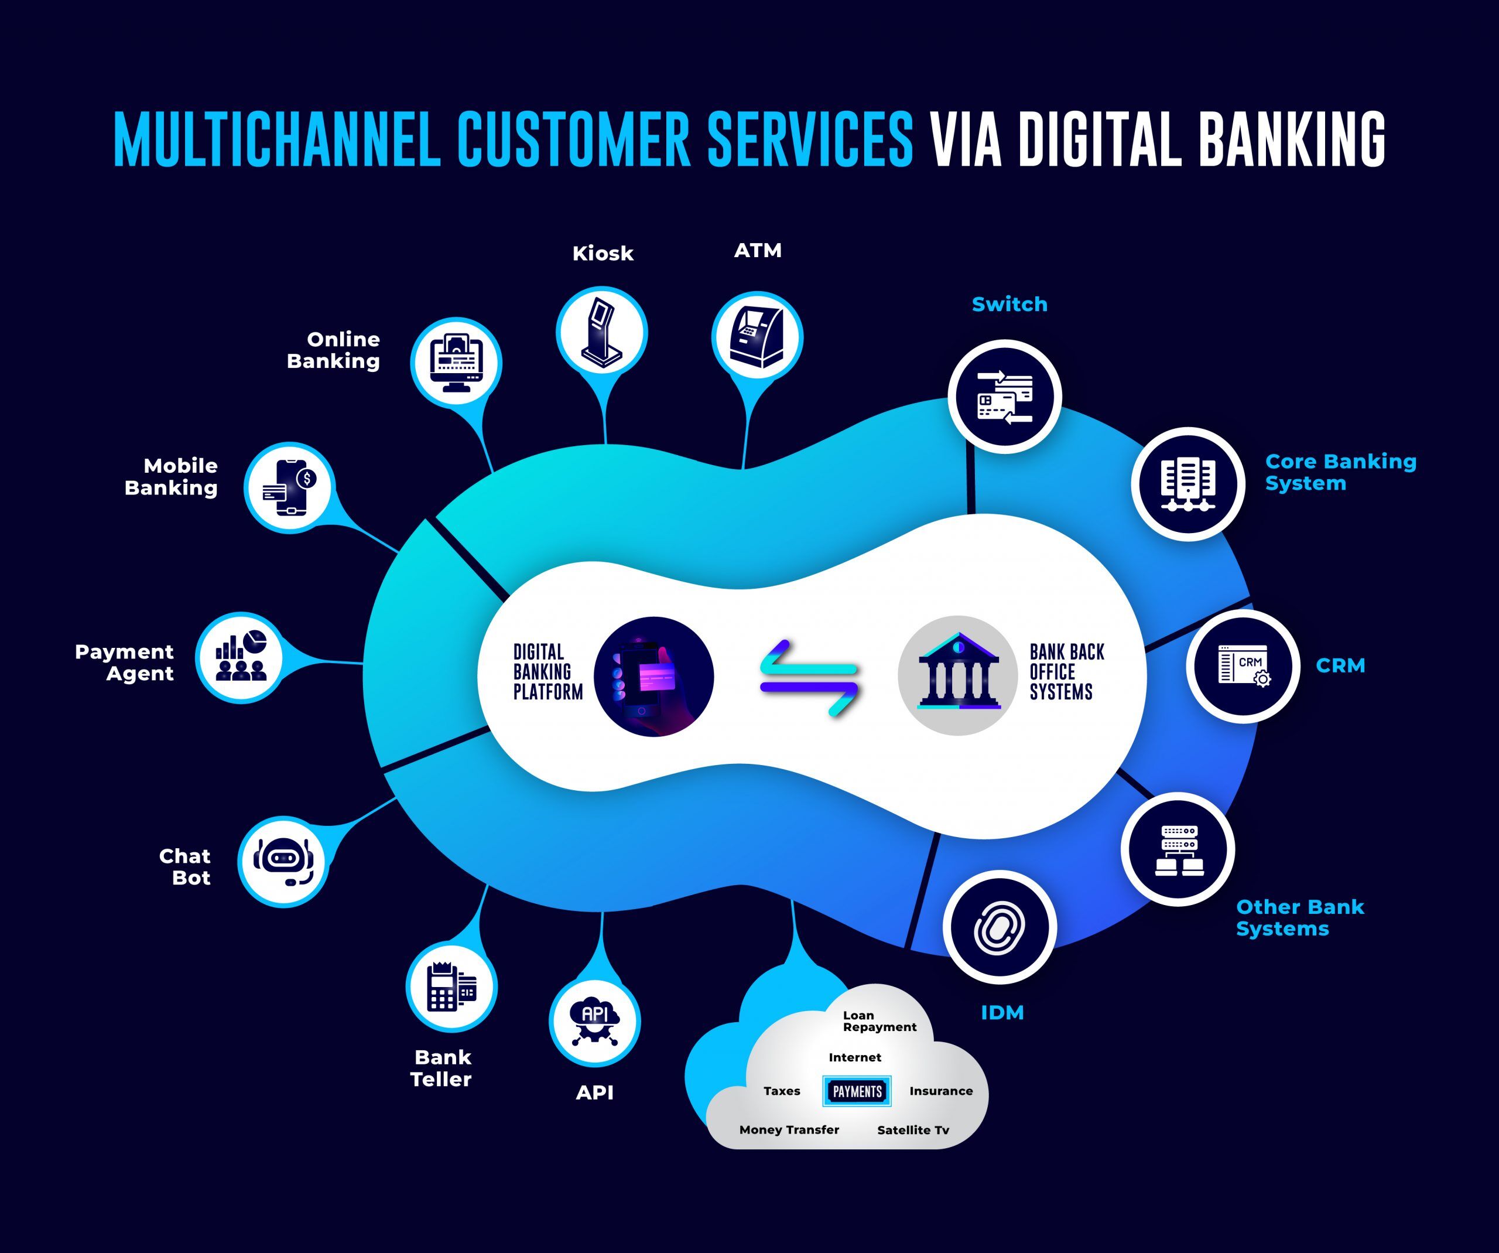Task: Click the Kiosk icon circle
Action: coord(602,332)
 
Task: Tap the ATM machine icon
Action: coord(757,337)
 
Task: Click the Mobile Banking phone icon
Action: coord(289,487)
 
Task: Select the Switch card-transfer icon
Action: coord(1004,397)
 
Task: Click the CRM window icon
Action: coord(1243,666)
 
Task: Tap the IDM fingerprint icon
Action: coord(1000,927)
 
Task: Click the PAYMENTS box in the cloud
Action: coord(857,1091)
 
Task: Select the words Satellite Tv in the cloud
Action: coord(913,1129)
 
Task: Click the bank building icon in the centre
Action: coord(958,675)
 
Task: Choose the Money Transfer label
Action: coord(789,1129)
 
